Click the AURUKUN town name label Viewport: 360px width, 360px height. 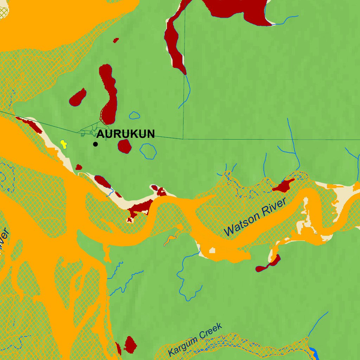[126, 134]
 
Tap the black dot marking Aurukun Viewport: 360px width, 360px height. [95, 144]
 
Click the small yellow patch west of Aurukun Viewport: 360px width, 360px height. [63, 144]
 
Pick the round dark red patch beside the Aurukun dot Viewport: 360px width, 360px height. [124, 146]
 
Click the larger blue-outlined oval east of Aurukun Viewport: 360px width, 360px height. [148, 151]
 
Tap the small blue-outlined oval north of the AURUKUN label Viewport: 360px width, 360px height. [134, 115]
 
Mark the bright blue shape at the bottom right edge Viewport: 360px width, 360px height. [314, 353]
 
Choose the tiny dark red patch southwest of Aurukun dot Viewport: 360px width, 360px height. [79, 167]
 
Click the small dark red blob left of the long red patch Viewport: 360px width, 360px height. [78, 97]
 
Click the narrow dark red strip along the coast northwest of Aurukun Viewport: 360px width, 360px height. [30, 124]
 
